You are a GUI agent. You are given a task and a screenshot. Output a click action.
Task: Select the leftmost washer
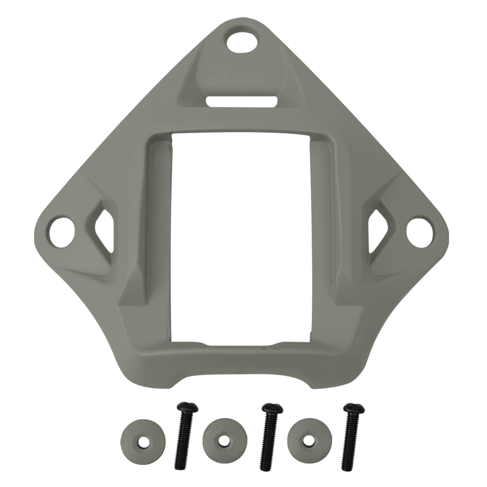(x=142, y=441)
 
